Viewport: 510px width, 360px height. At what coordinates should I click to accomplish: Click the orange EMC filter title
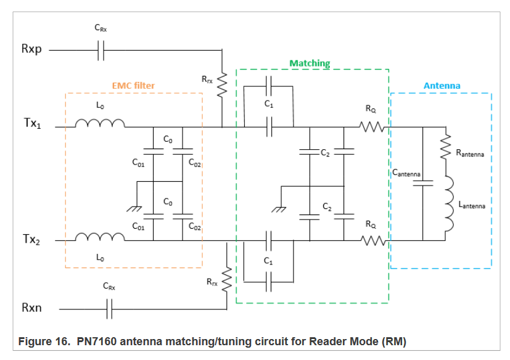[133, 85]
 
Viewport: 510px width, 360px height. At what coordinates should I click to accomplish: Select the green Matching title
[310, 63]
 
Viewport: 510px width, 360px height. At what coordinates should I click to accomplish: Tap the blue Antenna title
[442, 86]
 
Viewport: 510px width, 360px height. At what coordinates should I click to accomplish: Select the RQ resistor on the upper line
[372, 128]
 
